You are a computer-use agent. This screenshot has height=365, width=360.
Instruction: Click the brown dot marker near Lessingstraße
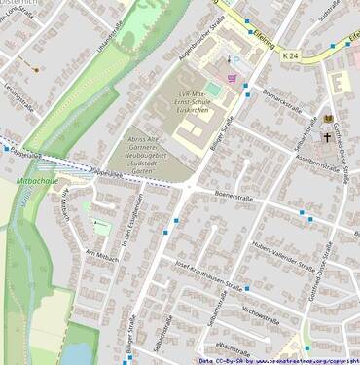pos(37,70)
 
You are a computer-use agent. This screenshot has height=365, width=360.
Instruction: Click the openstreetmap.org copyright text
pos(278,360)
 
